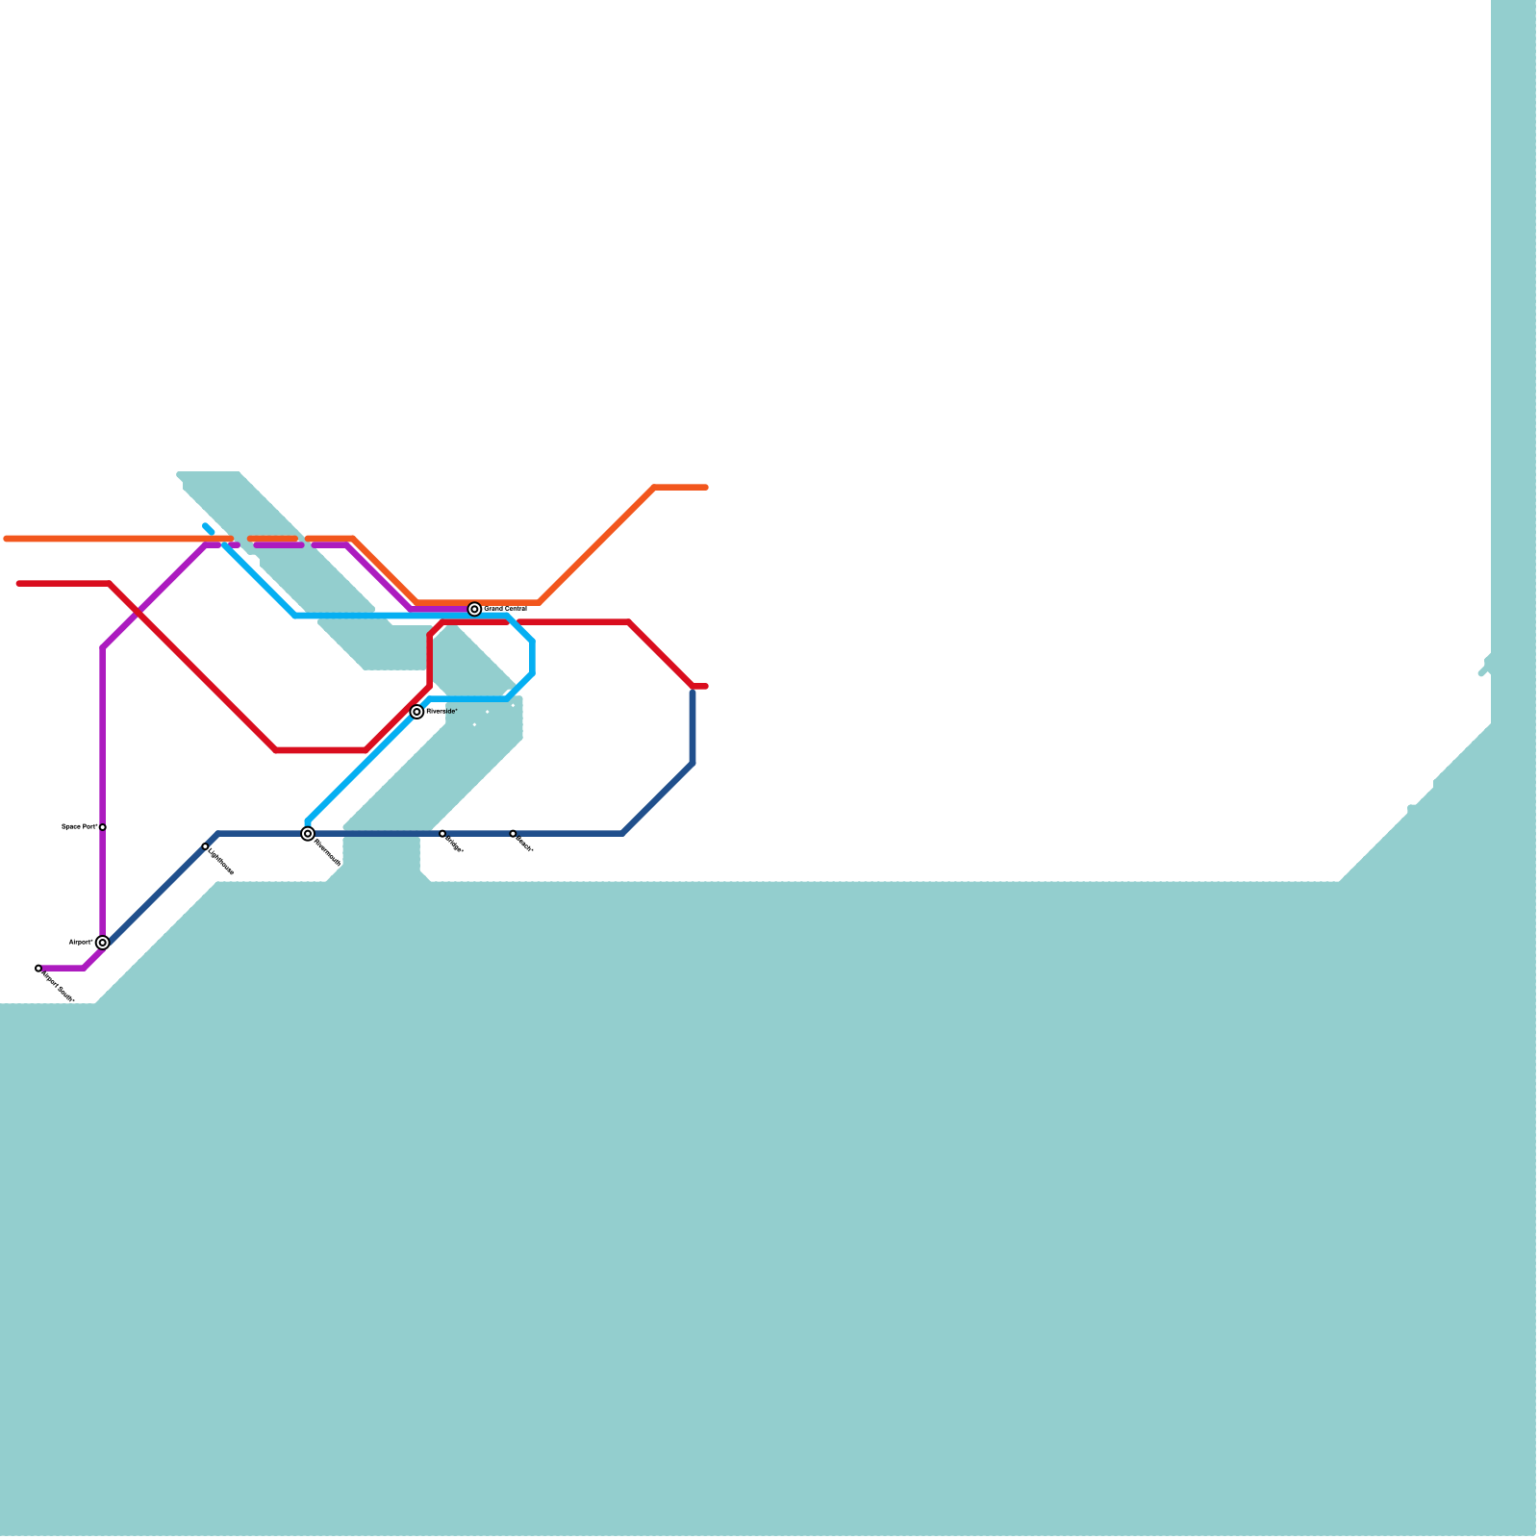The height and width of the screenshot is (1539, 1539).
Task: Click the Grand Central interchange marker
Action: [x=474, y=609]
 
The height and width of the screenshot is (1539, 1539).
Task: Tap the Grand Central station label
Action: [x=505, y=609]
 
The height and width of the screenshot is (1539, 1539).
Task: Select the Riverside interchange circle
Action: [x=416, y=712]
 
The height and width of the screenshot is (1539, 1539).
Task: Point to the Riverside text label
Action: [x=442, y=711]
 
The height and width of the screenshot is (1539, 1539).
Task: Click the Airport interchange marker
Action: [x=102, y=943]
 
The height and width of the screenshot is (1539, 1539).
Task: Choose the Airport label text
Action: [x=81, y=942]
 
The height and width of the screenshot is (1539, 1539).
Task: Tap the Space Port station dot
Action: [x=103, y=827]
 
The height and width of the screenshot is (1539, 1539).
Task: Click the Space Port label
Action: [x=79, y=826]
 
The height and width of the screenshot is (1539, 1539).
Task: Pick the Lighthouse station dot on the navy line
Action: [x=205, y=846]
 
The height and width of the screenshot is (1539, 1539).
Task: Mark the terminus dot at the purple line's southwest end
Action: [x=38, y=969]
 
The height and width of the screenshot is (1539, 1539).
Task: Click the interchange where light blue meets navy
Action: [x=308, y=834]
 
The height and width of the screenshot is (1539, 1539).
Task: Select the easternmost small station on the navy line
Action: [x=513, y=833]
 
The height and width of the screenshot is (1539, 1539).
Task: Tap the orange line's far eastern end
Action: [x=706, y=488]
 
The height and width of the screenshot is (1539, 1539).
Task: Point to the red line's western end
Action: [x=19, y=584]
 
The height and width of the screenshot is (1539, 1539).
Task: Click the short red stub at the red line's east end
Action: [x=700, y=687]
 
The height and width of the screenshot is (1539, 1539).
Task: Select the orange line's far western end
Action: [x=7, y=539]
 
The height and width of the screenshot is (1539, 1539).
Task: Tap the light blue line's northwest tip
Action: [x=206, y=526]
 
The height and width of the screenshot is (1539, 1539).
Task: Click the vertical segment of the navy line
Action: [x=693, y=726]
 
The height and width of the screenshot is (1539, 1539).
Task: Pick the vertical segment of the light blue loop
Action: [x=532, y=657]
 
